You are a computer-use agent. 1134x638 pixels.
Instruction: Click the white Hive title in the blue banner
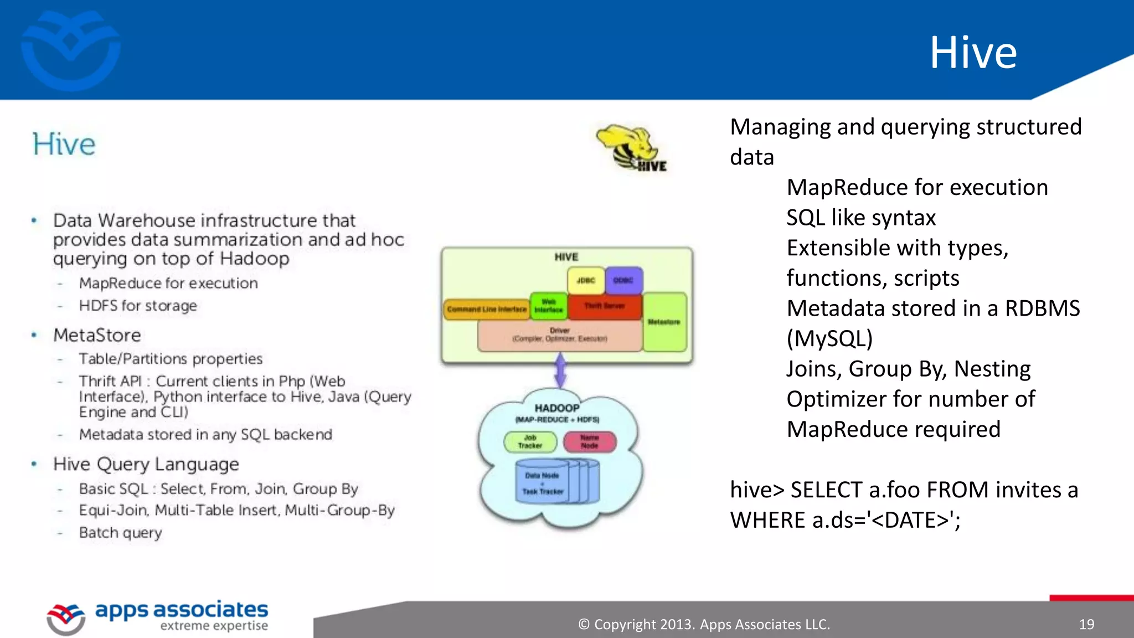[x=973, y=52]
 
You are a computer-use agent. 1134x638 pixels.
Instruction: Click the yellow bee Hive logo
[x=631, y=147]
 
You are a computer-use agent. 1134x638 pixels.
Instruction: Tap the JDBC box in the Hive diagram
[x=585, y=280]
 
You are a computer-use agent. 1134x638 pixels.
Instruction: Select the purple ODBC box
[x=623, y=280]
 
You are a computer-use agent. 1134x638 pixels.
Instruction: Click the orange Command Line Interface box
[x=486, y=309]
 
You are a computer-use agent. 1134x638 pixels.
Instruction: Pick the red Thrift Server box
[x=604, y=306]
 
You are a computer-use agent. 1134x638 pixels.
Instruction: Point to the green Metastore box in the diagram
[x=664, y=322]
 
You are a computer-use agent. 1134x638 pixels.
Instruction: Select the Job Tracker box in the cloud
[x=530, y=442]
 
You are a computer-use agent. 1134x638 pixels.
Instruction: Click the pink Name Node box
[x=589, y=442]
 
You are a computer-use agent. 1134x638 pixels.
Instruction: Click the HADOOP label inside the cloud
[x=556, y=408]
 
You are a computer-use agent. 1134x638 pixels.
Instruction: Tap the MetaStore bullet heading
[x=97, y=336]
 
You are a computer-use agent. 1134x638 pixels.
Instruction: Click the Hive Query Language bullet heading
[x=146, y=464]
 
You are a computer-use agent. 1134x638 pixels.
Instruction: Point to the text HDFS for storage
[x=138, y=306]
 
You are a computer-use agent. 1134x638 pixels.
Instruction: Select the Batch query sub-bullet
[x=120, y=533]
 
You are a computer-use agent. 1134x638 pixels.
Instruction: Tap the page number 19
[x=1086, y=625]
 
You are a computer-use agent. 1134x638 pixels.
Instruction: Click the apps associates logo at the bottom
[x=158, y=616]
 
